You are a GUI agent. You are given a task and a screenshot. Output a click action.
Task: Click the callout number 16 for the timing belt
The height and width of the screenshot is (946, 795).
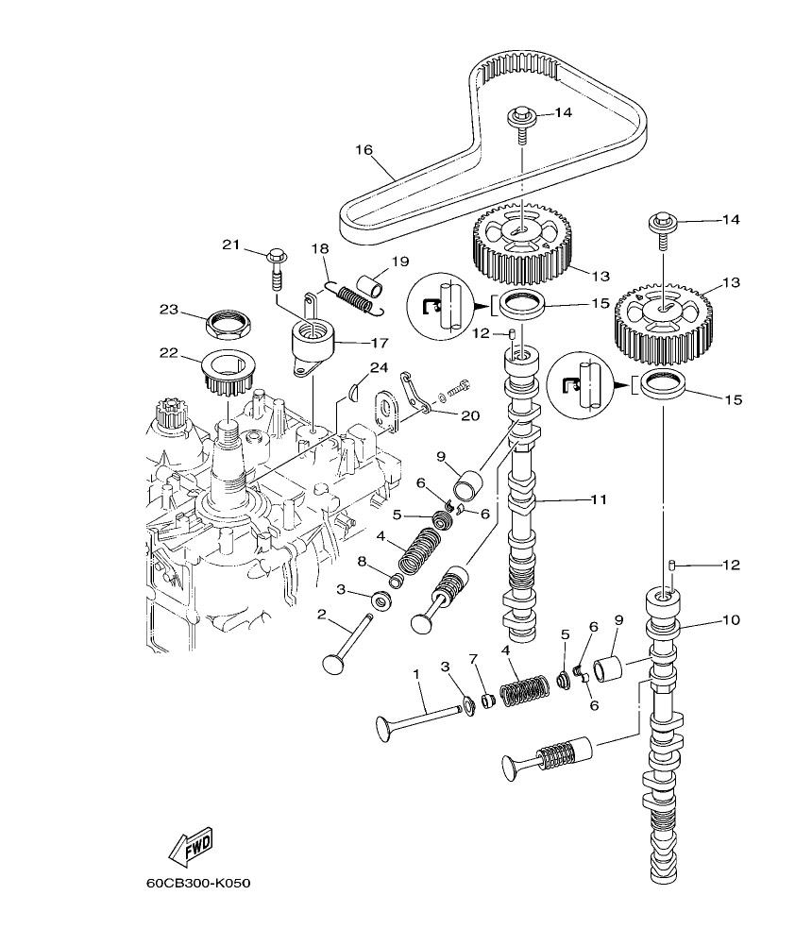tap(364, 149)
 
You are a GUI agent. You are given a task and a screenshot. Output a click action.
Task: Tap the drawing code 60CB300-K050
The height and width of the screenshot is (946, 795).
tap(198, 885)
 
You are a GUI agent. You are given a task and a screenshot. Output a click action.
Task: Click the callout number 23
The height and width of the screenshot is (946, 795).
tap(168, 309)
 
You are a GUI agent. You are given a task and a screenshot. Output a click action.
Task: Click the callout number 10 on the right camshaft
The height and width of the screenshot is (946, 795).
tap(732, 620)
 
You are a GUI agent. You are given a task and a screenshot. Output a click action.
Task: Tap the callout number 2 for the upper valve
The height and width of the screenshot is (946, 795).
tap(322, 615)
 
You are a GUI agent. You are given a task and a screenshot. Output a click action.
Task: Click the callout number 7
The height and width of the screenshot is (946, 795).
tap(474, 658)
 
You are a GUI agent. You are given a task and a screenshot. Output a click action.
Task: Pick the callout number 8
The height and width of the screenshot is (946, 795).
tap(362, 562)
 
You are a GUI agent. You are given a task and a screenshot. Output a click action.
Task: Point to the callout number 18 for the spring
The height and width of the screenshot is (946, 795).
tap(320, 248)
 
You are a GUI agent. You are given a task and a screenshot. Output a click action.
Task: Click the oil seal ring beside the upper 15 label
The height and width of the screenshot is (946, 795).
tap(520, 306)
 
